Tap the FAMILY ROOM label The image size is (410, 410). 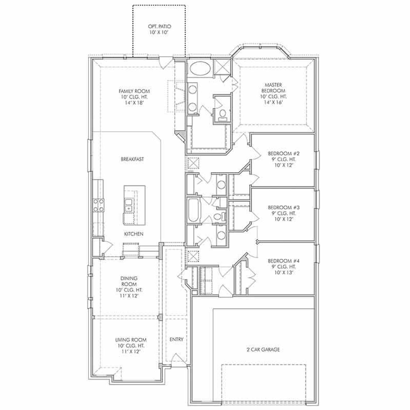point(134,91)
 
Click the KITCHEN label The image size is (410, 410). point(134,234)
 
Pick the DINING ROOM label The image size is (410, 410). point(129,281)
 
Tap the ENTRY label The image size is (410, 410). point(176,339)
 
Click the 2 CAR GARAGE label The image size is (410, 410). point(263,349)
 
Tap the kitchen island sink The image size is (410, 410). point(129,205)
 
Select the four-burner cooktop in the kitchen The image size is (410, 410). point(98,205)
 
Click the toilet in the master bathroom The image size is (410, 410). point(222,115)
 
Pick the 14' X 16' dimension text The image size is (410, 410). point(273,102)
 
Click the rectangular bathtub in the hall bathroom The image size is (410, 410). point(193,210)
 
